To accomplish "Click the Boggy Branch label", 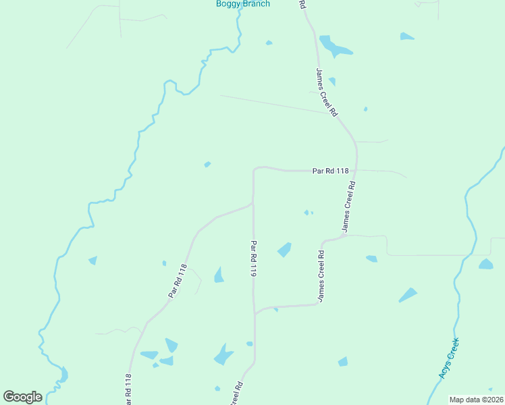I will (x=242, y=4).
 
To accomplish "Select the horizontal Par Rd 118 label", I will (x=330, y=171).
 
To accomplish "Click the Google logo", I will (x=22, y=396).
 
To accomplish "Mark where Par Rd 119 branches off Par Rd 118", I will (x=253, y=202).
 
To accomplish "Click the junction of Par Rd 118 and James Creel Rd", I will (x=356, y=170).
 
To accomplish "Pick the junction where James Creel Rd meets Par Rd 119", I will (x=255, y=313).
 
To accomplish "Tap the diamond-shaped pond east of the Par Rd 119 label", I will (x=284, y=250).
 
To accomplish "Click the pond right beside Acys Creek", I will (x=486, y=264).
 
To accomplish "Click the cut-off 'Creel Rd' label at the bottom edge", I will (x=237, y=394).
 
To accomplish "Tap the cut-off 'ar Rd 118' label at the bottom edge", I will (x=128, y=389).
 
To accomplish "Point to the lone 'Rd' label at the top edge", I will (x=302, y=4).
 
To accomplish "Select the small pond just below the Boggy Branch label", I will (x=269, y=43).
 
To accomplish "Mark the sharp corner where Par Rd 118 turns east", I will (x=255, y=168).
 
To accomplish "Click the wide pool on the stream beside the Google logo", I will (x=63, y=374).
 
